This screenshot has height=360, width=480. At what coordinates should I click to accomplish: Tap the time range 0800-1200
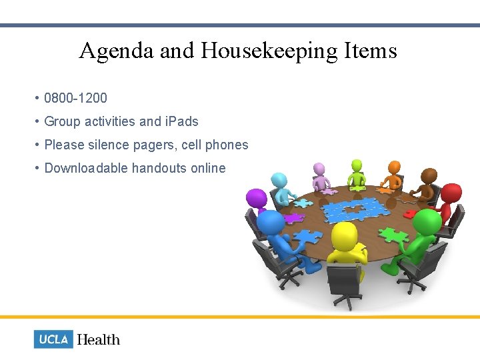tap(75, 99)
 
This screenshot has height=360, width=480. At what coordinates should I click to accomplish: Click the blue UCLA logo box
tap(53, 339)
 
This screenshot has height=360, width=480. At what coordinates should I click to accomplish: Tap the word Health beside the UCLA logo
tap(99, 339)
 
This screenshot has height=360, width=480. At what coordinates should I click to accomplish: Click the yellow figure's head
tap(344, 235)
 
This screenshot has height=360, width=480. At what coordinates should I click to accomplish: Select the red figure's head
tap(451, 194)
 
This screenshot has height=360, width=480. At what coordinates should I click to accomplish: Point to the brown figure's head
tap(429, 175)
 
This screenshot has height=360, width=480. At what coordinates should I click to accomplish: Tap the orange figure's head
tap(395, 166)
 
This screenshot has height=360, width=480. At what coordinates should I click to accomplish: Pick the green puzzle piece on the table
tap(393, 234)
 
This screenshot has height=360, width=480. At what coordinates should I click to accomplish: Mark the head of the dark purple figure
tap(255, 198)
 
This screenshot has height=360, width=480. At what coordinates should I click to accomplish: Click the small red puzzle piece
tap(410, 214)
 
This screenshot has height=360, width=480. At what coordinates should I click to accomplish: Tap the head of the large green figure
tap(426, 222)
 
